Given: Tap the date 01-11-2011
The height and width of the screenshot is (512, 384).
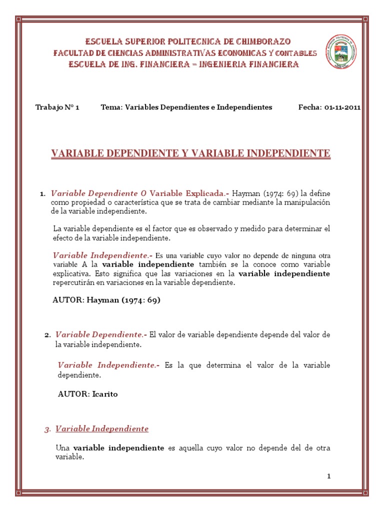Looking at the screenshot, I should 342,107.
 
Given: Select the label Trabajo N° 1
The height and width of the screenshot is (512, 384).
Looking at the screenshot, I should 57,107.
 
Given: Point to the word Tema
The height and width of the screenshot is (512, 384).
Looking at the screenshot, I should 110,107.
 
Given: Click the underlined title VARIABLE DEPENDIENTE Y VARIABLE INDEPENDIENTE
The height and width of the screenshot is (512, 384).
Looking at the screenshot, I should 191,153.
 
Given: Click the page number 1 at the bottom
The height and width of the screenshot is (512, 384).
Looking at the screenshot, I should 329,476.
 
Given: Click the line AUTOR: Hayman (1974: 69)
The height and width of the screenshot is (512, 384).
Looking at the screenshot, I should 106,300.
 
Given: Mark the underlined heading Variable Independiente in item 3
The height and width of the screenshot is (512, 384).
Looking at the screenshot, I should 102,429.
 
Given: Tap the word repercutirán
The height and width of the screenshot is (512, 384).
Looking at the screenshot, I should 73,283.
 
